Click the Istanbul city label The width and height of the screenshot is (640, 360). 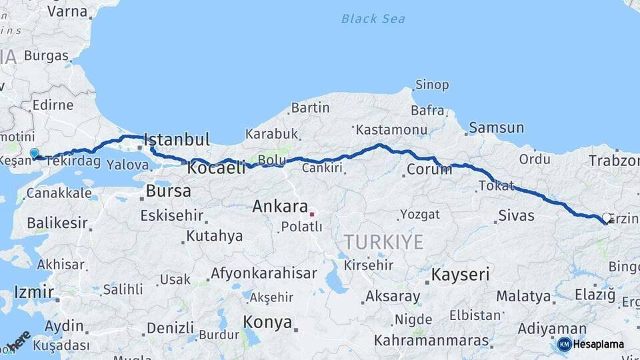tap(177, 140)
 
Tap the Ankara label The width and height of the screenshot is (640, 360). tap(280, 207)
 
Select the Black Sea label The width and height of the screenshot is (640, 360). tap(373, 19)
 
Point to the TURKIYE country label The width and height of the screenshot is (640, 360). tap(383, 241)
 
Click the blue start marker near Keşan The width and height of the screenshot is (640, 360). tap(35, 154)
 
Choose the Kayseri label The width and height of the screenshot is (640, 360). tap(460, 274)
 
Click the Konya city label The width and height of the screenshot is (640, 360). tap(267, 323)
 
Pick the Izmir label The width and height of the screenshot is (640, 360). tap(33, 292)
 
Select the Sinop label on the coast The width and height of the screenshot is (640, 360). tap(432, 85)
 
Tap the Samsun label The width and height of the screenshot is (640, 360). tap(496, 127)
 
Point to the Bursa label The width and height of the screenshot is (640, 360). tap(168, 191)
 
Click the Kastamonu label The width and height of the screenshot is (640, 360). tap(391, 129)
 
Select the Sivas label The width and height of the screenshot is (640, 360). tap(516, 216)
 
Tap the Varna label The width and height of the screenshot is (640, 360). tap(67, 11)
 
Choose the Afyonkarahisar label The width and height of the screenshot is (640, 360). tap(264, 273)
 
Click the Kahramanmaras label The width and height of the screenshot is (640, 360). tap(431, 340)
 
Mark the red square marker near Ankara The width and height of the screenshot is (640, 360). tap(311, 215)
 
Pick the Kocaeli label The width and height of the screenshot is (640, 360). tap(216, 168)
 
